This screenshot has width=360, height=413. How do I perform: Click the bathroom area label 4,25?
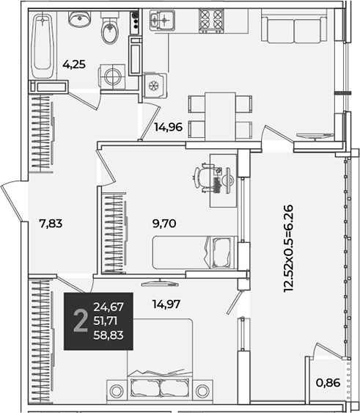pos(74,65)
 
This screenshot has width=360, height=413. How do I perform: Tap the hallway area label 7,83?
pos(51,224)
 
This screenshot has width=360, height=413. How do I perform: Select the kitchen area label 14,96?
pos(169,127)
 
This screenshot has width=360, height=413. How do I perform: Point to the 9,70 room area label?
pos(164,224)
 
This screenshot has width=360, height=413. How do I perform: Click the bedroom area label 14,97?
pos(166,304)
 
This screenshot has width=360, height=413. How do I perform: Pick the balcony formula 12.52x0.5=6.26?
pos(288,248)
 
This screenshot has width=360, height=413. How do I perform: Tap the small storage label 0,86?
pos(328,383)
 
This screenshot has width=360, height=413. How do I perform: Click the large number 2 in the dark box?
pos(81,321)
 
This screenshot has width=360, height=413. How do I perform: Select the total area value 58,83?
pos(109,335)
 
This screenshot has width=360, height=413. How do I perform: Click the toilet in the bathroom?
pos(110,30)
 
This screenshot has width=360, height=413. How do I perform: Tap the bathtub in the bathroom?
pos(42,45)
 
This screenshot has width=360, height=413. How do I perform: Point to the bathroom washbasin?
pos(79,18)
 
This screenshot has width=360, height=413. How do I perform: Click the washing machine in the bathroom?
pos(112,77)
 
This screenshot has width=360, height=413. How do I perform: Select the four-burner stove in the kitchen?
pos(211,21)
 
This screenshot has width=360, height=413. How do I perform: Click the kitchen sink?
pos(162,20)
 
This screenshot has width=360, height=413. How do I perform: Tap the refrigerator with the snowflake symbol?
pos(155,85)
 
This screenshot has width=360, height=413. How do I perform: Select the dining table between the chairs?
pos(220,117)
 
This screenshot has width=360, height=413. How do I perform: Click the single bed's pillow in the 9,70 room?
pos(221,252)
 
